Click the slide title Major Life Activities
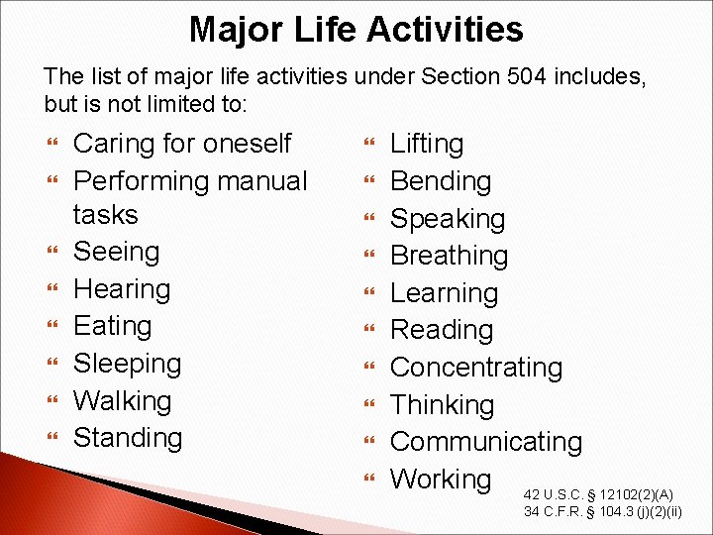tap(356, 30)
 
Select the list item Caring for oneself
tap(182, 144)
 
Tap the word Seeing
tap(116, 252)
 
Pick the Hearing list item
tap(122, 289)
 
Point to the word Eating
tap(112, 326)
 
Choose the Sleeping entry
tap(127, 364)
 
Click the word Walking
tap(122, 401)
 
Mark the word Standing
tap(128, 438)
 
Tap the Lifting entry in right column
tap(427, 144)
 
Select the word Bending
tap(441, 181)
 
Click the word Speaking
tap(448, 219)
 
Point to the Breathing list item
tap(449, 256)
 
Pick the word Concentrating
tap(475, 368)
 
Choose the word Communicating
tap(485, 442)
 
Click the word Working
tap(441, 480)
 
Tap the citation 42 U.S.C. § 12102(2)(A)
tap(599, 494)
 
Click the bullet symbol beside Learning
tap(369, 293)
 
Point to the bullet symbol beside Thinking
tap(369, 405)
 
